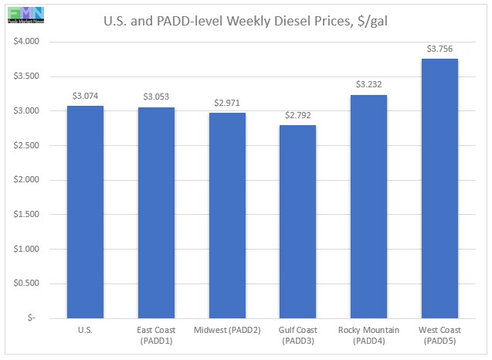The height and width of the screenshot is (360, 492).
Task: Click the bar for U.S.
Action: pyautogui.click(x=85, y=212)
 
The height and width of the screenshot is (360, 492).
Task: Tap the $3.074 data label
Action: pyautogui.click(x=86, y=96)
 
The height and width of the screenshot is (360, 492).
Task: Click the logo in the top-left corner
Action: pyautogui.click(x=22, y=13)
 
